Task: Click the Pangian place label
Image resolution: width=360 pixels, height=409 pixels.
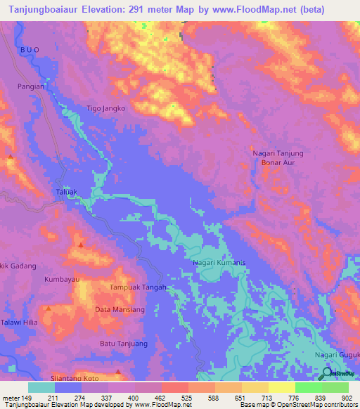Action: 30,86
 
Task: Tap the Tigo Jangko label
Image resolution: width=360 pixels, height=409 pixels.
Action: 105,109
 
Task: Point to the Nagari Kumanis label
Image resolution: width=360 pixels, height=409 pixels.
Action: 219,263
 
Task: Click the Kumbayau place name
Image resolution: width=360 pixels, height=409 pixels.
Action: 63,280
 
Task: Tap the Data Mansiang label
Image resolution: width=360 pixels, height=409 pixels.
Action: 120,309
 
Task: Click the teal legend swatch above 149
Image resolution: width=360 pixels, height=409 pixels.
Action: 41,387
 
